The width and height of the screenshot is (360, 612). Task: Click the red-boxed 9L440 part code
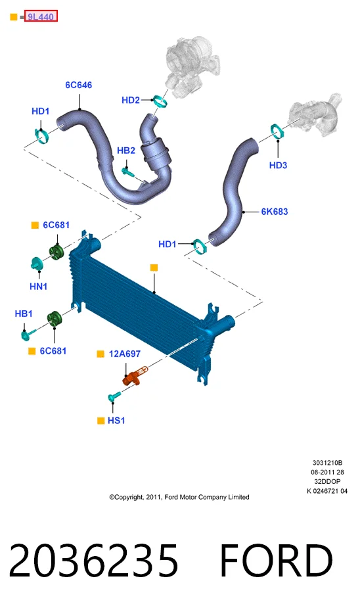coord(41,16)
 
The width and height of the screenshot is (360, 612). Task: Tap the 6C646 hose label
coord(78,85)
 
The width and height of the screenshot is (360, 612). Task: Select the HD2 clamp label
coord(131,101)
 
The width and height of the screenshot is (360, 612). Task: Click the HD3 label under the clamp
coord(278,165)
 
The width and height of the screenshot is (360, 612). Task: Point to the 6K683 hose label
coord(275,212)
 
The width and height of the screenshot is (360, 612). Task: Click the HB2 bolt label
coord(126,151)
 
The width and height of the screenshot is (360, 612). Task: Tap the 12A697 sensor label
coord(125,354)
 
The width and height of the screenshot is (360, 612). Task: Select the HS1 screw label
coord(116,420)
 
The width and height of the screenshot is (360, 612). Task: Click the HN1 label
coord(39,287)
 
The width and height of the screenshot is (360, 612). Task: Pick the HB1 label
coord(24,314)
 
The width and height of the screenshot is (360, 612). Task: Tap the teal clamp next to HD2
coord(160,101)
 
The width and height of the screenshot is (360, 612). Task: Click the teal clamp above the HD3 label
coord(277,131)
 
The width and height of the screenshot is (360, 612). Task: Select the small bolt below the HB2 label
coord(127,171)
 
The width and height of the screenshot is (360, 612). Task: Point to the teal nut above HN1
coord(37,263)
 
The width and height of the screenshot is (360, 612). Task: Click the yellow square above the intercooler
coord(154,268)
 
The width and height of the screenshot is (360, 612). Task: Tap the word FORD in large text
coord(276,561)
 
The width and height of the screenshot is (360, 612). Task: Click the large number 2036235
coord(93,561)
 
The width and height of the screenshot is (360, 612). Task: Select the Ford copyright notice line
coord(179,497)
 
